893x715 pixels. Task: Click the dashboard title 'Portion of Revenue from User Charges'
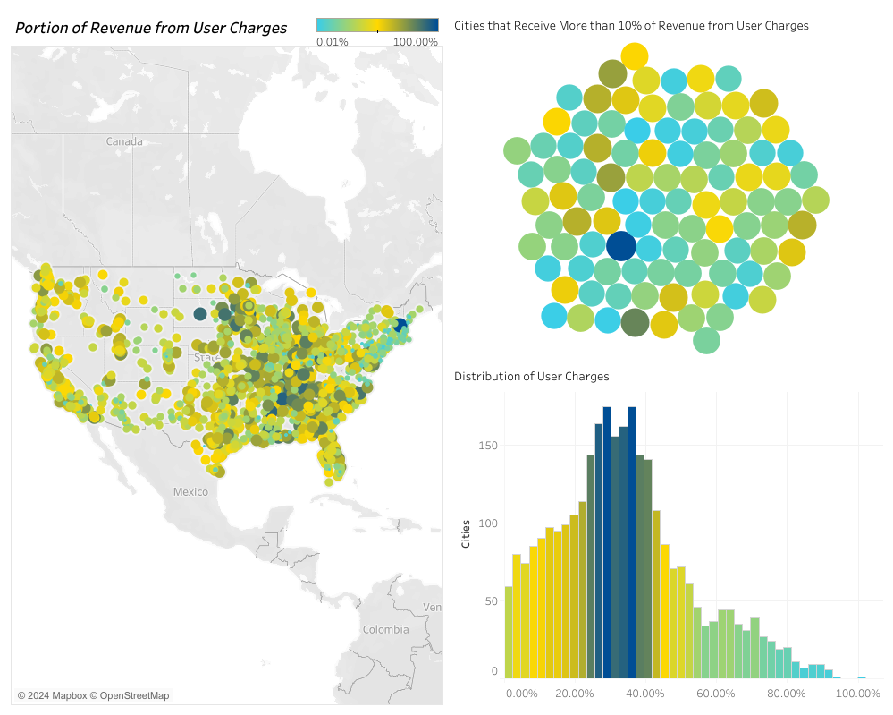(x=151, y=28)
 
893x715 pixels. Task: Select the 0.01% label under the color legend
(x=333, y=41)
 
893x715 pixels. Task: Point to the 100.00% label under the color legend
(x=416, y=41)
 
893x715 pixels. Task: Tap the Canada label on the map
(x=124, y=141)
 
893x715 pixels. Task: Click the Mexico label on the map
(x=190, y=491)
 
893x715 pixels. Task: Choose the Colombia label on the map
(x=385, y=629)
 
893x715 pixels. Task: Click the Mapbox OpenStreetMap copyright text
(x=93, y=695)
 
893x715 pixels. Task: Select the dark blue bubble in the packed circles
(x=620, y=246)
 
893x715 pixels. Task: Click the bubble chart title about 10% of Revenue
(x=631, y=26)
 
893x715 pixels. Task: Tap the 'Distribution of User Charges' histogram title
(x=531, y=377)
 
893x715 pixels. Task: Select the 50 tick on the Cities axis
(x=492, y=600)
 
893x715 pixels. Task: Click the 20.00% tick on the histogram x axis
(x=574, y=694)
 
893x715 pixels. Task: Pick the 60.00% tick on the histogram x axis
(x=716, y=694)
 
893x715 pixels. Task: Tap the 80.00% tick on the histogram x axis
(x=787, y=694)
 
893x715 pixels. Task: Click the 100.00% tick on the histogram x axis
(x=857, y=694)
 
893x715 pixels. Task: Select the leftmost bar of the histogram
(x=509, y=632)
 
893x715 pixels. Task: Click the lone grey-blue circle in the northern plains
(x=200, y=313)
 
